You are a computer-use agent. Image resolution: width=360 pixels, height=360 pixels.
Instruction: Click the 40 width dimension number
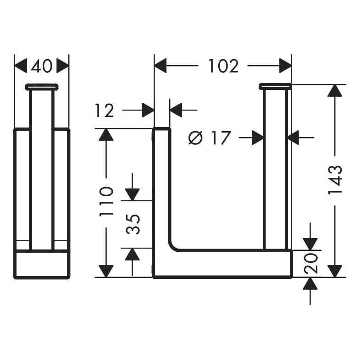point(42,66)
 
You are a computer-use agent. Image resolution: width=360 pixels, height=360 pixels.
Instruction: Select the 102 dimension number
point(223,66)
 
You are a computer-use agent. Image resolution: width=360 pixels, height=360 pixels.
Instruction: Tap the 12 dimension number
point(104,111)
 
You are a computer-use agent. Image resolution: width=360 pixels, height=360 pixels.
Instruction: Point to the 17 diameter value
point(221,138)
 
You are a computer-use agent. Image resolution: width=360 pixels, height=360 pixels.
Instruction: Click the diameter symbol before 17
point(196,138)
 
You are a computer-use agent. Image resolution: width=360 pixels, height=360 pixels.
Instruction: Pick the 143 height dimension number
point(335,180)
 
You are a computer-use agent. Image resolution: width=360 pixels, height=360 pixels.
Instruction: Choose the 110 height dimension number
point(106,202)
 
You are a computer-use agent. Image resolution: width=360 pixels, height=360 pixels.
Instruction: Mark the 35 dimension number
point(133,224)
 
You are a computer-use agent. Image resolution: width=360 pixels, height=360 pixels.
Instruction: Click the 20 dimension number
point(310,264)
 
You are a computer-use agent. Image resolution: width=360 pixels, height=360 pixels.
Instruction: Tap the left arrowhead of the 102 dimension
point(160,66)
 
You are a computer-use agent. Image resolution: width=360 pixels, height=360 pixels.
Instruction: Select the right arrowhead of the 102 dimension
point(285,66)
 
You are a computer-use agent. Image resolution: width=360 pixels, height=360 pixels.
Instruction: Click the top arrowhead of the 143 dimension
point(335,90)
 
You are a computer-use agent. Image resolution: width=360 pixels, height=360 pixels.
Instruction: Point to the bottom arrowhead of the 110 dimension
point(106,271)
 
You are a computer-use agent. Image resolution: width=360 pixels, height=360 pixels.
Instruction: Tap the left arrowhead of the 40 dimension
point(21,66)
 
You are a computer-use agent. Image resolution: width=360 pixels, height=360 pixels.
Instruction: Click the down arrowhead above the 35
point(132,194)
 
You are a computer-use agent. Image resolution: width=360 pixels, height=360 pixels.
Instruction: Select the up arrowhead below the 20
point(310,283)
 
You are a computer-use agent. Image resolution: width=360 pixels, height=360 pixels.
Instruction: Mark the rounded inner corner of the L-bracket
point(173,246)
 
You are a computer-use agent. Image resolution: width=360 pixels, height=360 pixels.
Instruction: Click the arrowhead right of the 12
point(176,110)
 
